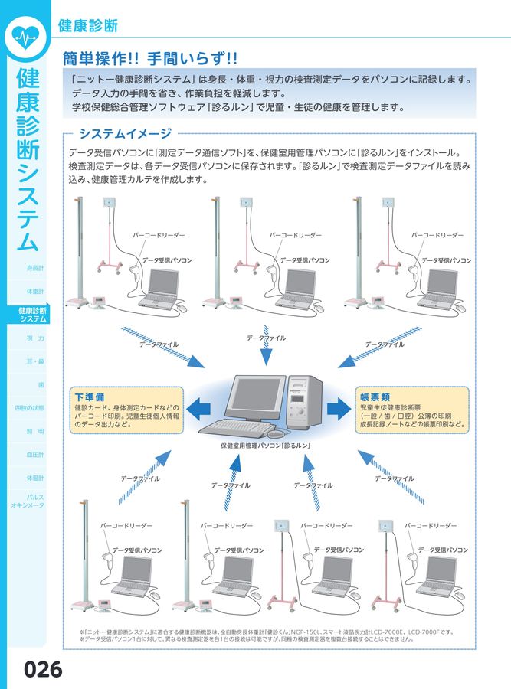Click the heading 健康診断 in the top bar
point(88,25)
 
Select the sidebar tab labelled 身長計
point(35,268)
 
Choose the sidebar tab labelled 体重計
point(35,291)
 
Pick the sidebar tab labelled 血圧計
point(35,455)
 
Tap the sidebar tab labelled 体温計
point(35,478)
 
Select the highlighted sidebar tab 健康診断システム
point(32,315)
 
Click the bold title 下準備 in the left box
point(90,397)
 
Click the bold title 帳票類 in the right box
point(375,397)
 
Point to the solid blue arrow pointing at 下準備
point(200,407)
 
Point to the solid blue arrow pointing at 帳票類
point(337,407)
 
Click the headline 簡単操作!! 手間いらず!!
point(153,57)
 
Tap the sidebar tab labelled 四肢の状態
point(31,408)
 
